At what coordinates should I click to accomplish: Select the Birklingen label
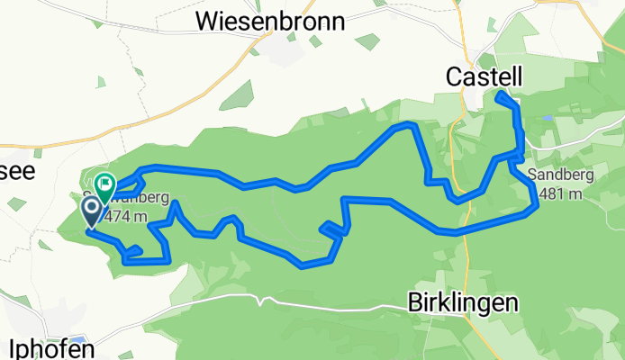point(463,302)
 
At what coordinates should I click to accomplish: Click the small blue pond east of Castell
point(547,118)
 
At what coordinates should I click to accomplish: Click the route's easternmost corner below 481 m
point(537,206)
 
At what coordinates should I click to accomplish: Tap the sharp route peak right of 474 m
point(173,204)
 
